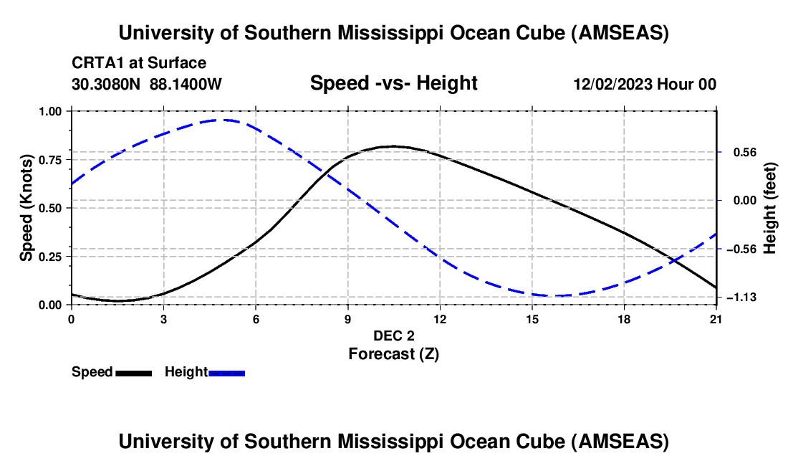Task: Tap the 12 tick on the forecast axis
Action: click(440, 319)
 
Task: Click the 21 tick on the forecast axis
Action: click(716, 319)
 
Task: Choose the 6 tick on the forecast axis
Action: click(256, 319)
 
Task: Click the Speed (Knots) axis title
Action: click(27, 208)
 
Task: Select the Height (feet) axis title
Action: click(770, 208)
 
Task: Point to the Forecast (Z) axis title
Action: click(393, 353)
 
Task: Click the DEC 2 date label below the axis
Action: click(393, 336)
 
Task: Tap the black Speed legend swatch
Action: click(133, 373)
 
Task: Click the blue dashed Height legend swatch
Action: click(227, 373)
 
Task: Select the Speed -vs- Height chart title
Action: click(393, 83)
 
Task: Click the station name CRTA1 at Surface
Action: click(139, 63)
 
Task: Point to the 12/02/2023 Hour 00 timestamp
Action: click(645, 84)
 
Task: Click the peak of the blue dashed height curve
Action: click(225, 120)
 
